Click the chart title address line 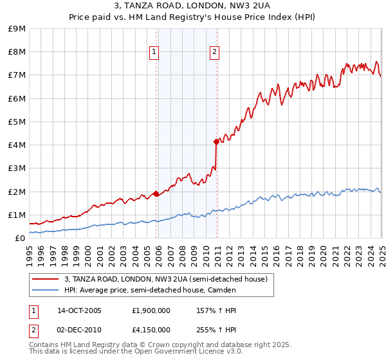click(192, 6)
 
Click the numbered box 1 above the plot click(154, 53)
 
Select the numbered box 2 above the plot click(214, 53)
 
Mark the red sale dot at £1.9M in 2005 click(156, 194)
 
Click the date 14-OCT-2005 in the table click(80, 310)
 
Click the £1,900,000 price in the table click(151, 310)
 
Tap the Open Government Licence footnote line click(136, 351)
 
